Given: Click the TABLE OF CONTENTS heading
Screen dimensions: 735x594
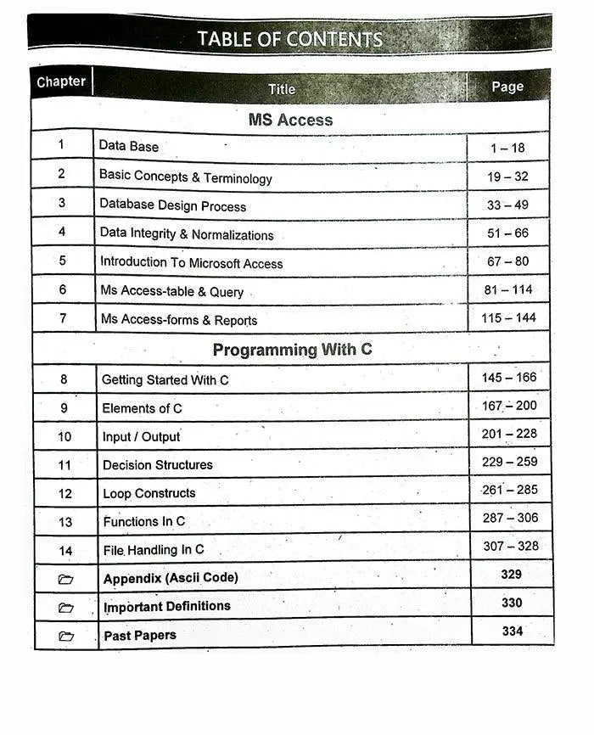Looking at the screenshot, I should (289, 39).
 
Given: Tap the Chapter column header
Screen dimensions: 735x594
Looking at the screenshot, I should (61, 82).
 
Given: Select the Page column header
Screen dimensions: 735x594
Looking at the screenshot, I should (507, 87).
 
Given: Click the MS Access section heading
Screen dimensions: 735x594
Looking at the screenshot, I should (290, 120).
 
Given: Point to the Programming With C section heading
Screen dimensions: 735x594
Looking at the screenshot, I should (292, 350).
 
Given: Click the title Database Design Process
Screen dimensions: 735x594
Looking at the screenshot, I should (172, 205).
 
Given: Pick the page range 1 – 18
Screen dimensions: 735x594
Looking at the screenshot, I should (507, 148).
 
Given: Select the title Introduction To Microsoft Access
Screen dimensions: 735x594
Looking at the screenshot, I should (191, 263).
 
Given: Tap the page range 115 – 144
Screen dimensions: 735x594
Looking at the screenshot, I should (509, 317).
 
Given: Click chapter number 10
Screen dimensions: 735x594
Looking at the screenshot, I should (64, 436).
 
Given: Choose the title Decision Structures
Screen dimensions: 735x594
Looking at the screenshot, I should (158, 465).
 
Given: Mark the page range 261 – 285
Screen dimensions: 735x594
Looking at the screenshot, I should (510, 490).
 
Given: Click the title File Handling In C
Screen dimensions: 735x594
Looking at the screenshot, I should (154, 550).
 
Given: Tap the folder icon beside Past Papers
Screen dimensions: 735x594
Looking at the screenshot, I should (66, 636).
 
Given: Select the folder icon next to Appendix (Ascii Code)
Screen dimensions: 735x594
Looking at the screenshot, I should (66, 579).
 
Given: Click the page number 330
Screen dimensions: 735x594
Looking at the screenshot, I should (512, 603).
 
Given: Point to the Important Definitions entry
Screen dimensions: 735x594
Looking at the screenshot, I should (167, 607).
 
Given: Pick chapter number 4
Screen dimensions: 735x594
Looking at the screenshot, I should (62, 232).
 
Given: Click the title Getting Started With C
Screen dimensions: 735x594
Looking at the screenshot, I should (165, 379).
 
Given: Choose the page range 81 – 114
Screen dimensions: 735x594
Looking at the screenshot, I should (509, 289).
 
